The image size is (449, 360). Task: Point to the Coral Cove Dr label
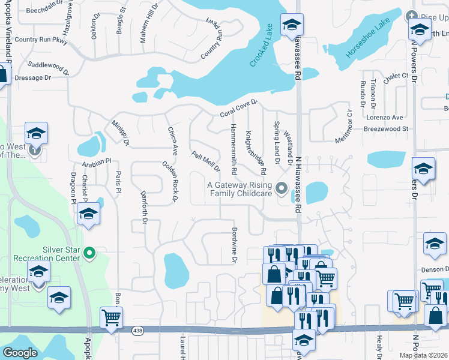(x=238, y=109)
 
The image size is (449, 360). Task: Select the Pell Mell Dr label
(x=205, y=161)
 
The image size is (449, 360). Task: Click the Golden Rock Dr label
(x=172, y=180)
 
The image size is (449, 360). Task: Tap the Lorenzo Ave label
(x=385, y=118)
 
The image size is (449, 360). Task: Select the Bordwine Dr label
(x=235, y=245)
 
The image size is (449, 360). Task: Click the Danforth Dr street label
(x=144, y=207)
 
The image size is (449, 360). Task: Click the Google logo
(x=20, y=353)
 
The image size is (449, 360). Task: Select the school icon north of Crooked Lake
(x=292, y=25)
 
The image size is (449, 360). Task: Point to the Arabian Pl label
(x=100, y=161)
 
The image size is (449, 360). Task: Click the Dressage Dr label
(x=33, y=77)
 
